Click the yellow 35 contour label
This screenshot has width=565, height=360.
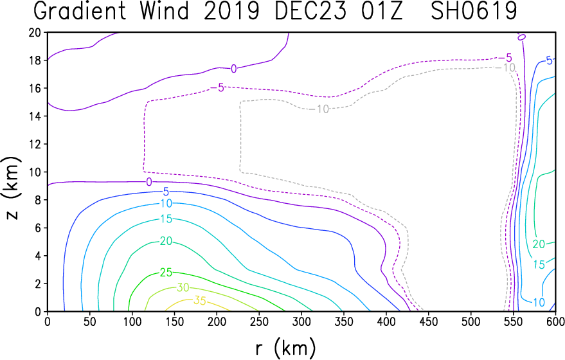tap(200, 300)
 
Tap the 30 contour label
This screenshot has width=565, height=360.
tap(183, 287)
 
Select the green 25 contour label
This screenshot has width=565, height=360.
tap(166, 273)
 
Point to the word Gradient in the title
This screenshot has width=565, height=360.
tap(80, 11)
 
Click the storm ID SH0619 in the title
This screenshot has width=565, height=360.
tap(474, 11)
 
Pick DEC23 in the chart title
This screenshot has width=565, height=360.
tap(310, 11)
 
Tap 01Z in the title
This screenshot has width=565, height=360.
tap(382, 11)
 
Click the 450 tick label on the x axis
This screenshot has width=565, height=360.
tap(429, 321)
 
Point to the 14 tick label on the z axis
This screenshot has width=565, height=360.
tap(35, 116)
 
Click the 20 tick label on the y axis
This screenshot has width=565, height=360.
tap(35, 32)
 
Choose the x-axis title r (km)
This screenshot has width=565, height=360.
tap(285, 348)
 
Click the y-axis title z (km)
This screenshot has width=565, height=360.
tap(12, 188)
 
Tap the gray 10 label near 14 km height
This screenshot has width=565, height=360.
tap(323, 109)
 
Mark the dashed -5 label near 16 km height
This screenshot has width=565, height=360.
tap(218, 87)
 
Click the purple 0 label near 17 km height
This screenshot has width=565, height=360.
tap(234, 69)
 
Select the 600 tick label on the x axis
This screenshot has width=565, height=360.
tap(555, 321)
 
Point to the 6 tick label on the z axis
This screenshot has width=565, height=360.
tap(38, 228)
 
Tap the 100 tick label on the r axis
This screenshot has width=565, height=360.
tap(132, 321)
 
